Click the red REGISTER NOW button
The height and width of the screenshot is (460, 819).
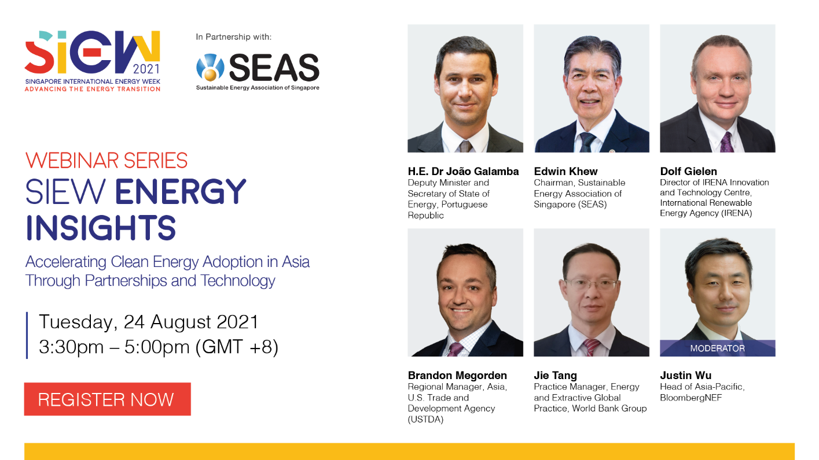(x=108, y=399)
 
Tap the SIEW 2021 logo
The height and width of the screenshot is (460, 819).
(x=93, y=61)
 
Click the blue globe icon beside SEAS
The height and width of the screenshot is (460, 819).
(x=210, y=67)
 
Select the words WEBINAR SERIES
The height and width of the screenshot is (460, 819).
(x=106, y=161)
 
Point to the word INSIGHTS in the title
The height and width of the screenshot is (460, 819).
(x=101, y=228)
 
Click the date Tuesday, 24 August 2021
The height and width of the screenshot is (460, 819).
(x=149, y=322)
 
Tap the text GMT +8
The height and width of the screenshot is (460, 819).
(x=237, y=347)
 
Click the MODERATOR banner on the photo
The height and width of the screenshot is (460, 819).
(x=717, y=348)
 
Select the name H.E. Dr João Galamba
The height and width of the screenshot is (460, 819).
(x=463, y=171)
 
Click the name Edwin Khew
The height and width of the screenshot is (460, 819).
(x=565, y=171)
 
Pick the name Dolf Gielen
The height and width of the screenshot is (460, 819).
(x=688, y=171)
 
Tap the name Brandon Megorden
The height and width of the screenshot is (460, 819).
(x=457, y=375)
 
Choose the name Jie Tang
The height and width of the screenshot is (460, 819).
(x=556, y=375)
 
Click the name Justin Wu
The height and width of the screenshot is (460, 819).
(x=685, y=375)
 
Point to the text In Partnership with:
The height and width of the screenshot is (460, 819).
(x=234, y=37)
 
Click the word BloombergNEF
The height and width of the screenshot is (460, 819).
(x=691, y=398)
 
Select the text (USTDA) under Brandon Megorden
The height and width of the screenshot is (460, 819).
(x=425, y=420)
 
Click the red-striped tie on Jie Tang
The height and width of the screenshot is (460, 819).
(x=591, y=347)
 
